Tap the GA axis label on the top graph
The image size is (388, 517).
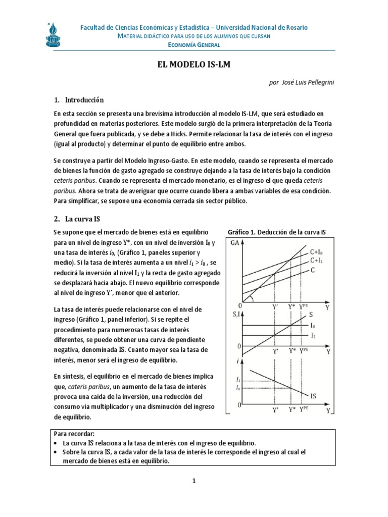pos(234,243)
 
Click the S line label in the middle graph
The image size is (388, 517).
pos(312,315)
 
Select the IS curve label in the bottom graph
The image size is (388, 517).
pos(314,396)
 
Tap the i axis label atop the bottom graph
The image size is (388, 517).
pos(237,361)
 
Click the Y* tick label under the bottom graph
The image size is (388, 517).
pos(292,410)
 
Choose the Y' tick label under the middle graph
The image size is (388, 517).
pos(275,351)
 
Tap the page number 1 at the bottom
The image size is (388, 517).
pos(193,481)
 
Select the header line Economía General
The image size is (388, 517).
pos(194,45)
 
